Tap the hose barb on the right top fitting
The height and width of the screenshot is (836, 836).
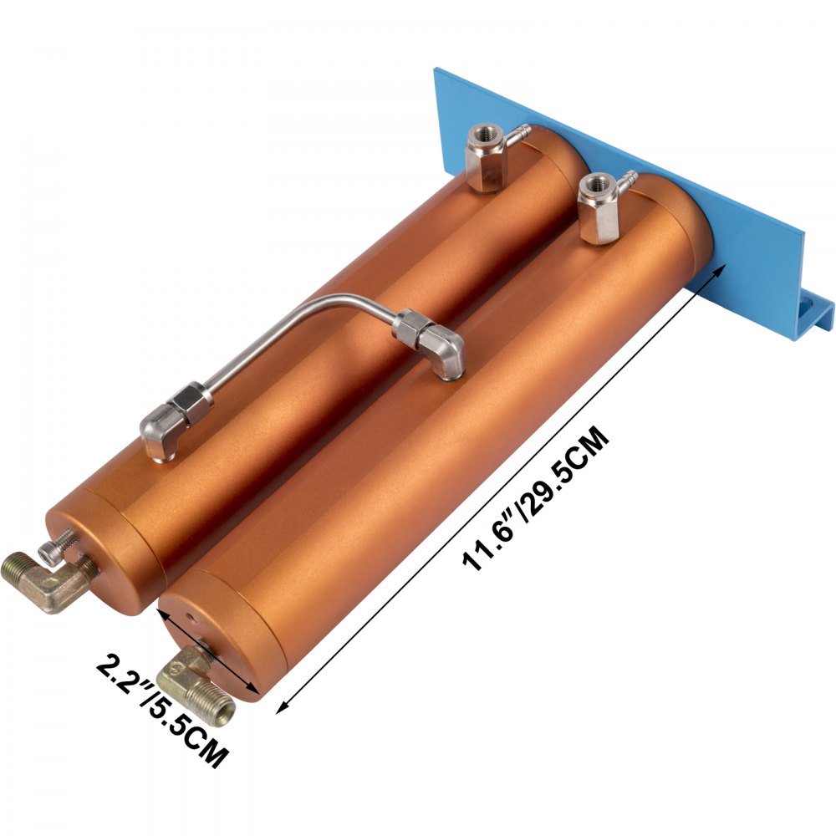627,181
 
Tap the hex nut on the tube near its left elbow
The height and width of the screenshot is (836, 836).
193,395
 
